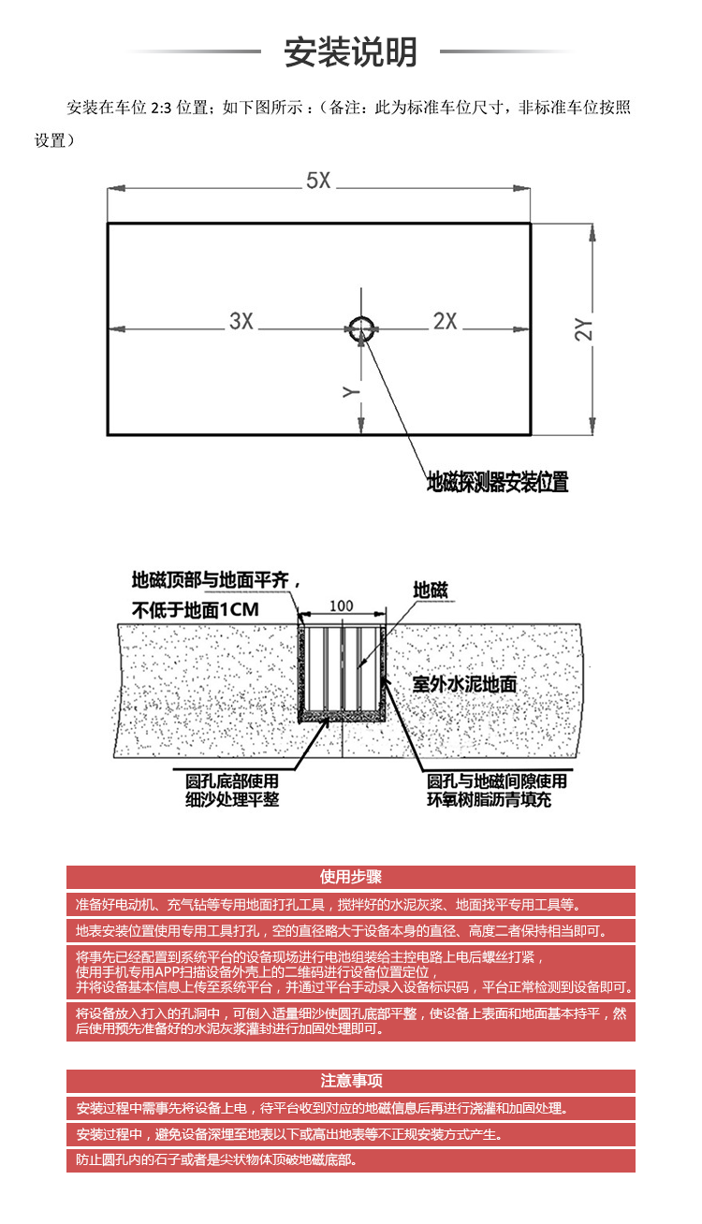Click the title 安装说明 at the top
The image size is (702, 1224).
point(350,52)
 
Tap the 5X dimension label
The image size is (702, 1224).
point(318,181)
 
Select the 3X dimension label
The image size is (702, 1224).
point(241,321)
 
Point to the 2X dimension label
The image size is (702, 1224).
point(445,321)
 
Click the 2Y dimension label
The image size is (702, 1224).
point(584,329)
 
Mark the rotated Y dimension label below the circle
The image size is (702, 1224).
point(351,391)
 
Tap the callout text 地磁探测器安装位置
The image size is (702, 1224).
point(498,482)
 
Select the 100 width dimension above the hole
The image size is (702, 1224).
point(341,605)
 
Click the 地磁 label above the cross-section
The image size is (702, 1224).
point(431,590)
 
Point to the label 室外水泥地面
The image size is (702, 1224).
point(464,683)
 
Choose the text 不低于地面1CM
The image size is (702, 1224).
point(196,610)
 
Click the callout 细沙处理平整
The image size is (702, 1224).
point(232,799)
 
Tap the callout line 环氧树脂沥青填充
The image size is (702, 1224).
point(489,799)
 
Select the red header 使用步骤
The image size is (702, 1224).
point(351,877)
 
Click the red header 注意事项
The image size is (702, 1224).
point(351,1080)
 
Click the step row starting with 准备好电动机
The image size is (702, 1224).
point(351,905)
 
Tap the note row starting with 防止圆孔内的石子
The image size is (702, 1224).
point(351,1159)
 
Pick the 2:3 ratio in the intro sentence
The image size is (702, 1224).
point(161,108)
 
